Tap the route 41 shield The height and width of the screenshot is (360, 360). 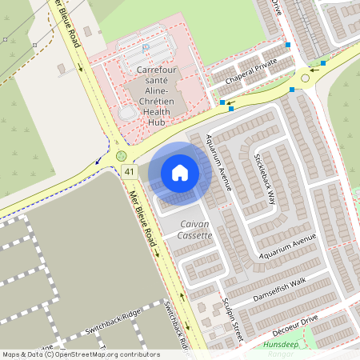pos(129,171)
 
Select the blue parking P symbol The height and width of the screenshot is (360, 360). pos(145,49)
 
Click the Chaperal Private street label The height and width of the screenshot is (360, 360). pos(250,71)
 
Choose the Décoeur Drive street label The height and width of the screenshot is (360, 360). pos(297,322)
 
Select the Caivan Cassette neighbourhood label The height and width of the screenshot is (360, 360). pos(196,229)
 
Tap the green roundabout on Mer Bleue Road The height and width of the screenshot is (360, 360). pos(121,155)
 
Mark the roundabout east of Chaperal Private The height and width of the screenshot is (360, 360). pos(305,78)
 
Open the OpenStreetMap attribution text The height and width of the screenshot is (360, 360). pos(81,354)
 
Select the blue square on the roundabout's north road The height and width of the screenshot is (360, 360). pos(287,46)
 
